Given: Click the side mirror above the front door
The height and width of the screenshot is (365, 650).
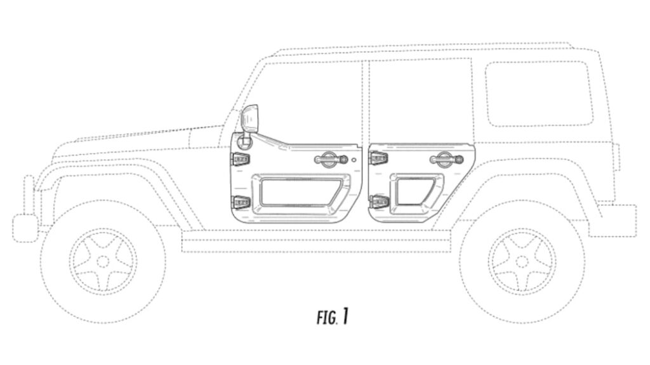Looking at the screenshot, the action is point(249,119).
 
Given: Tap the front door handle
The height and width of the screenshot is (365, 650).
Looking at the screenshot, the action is point(330,158).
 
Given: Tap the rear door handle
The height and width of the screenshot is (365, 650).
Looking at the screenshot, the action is point(446,158).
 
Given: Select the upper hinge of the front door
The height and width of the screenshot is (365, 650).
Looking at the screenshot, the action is point(241,158).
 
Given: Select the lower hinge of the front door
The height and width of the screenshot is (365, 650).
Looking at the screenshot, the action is point(241,202).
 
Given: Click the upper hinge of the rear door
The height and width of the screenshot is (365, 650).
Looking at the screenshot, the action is point(378,158).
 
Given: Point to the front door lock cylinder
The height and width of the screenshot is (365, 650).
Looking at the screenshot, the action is point(354,160).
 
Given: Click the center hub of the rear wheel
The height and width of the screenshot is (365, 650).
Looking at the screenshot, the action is point(522,262).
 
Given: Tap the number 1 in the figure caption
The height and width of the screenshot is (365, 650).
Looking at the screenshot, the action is point(345,317).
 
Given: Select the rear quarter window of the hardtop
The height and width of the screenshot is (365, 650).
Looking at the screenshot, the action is point(539,94).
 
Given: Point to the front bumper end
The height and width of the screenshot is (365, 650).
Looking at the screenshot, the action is point(25,227).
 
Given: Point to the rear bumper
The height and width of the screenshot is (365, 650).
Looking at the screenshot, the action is point(614,220).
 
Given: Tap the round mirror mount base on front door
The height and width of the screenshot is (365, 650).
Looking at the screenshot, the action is point(244,142).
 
